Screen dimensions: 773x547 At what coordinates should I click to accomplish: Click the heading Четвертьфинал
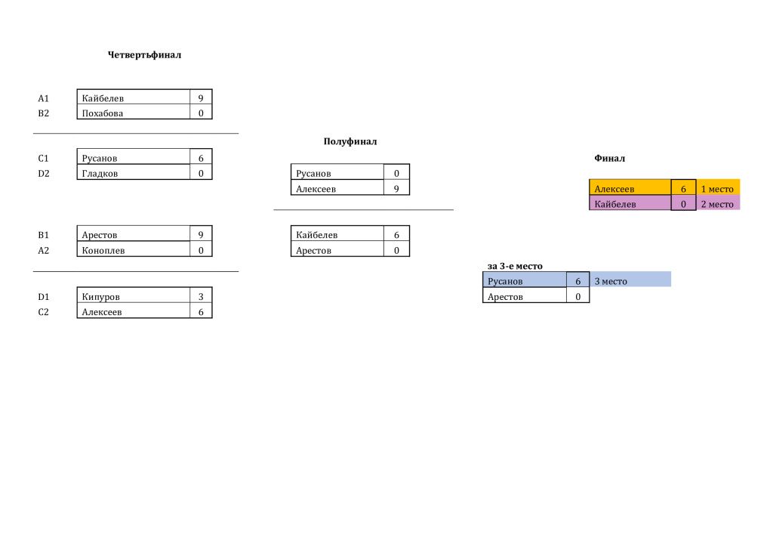tap(144, 54)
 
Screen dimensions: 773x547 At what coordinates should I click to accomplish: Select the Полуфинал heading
tap(350, 141)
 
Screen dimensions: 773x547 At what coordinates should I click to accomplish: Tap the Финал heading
tap(609, 159)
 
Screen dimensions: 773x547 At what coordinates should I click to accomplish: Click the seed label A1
tap(43, 98)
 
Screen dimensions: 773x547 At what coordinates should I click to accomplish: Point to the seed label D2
tap(43, 174)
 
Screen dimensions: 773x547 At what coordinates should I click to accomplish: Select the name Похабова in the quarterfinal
tap(103, 113)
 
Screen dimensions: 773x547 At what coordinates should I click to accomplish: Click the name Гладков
tap(100, 174)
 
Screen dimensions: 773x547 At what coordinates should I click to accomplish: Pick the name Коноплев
tap(103, 251)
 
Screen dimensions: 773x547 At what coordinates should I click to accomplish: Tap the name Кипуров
tap(100, 297)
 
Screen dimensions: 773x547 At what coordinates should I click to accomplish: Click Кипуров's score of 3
tap(201, 297)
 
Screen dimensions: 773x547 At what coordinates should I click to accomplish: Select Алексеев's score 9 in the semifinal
tap(396, 189)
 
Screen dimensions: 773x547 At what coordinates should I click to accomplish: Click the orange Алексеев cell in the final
tap(630, 187)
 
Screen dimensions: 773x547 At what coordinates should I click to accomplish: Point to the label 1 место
tap(717, 189)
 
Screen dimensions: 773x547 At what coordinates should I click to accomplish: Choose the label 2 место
tap(717, 204)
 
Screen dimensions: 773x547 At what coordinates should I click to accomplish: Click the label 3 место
tap(611, 282)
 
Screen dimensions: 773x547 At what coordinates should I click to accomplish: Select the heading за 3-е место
tap(515, 267)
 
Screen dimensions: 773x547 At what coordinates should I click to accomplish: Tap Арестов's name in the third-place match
tap(505, 297)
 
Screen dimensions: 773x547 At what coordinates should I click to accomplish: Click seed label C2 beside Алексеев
tap(43, 312)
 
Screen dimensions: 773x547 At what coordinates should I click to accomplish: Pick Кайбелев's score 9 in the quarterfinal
tap(201, 98)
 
